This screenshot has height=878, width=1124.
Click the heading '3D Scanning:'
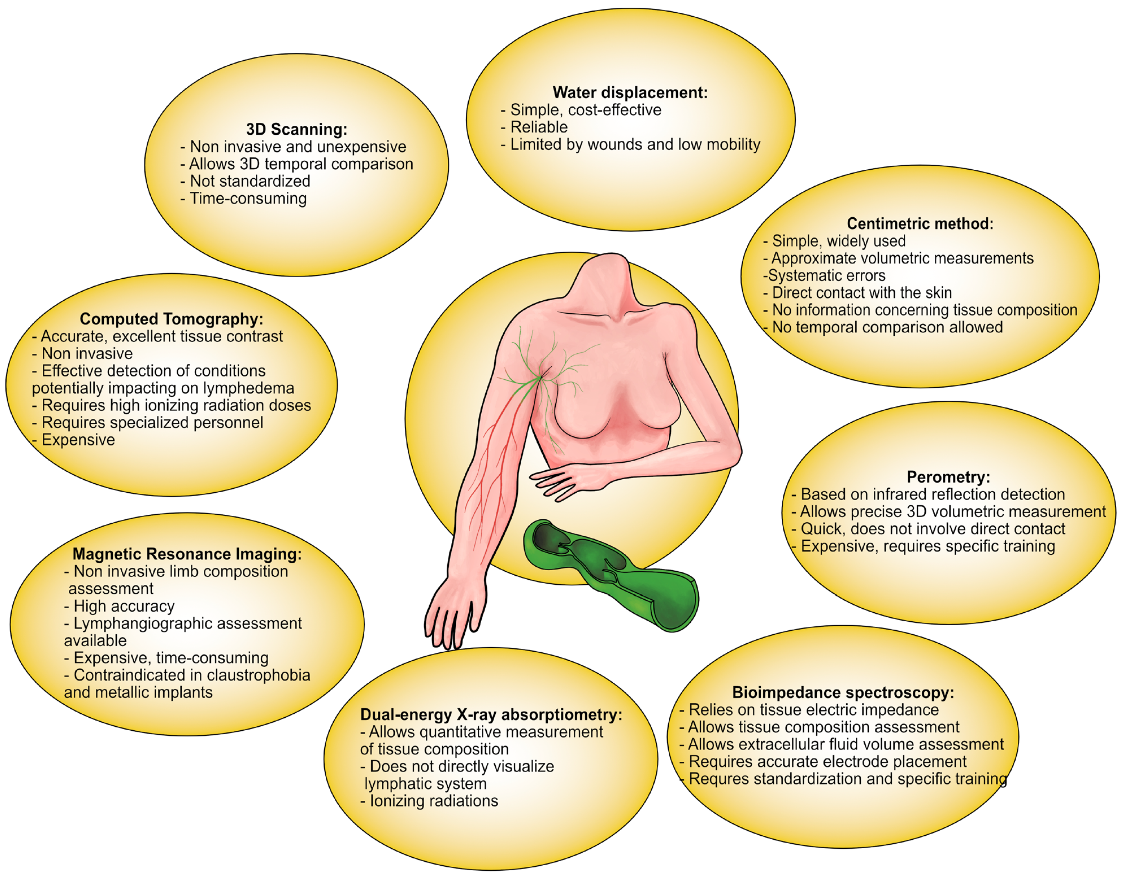(x=296, y=129)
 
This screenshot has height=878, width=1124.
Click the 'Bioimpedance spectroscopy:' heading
(x=843, y=692)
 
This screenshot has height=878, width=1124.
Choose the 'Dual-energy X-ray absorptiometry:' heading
(x=491, y=715)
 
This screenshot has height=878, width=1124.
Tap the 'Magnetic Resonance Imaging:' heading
(x=187, y=554)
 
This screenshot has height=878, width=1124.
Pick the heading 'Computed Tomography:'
(x=171, y=319)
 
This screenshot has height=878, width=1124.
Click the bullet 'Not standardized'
(x=250, y=181)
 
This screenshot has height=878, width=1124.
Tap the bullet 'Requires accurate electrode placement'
(x=828, y=761)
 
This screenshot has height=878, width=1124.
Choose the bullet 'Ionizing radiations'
(x=433, y=801)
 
